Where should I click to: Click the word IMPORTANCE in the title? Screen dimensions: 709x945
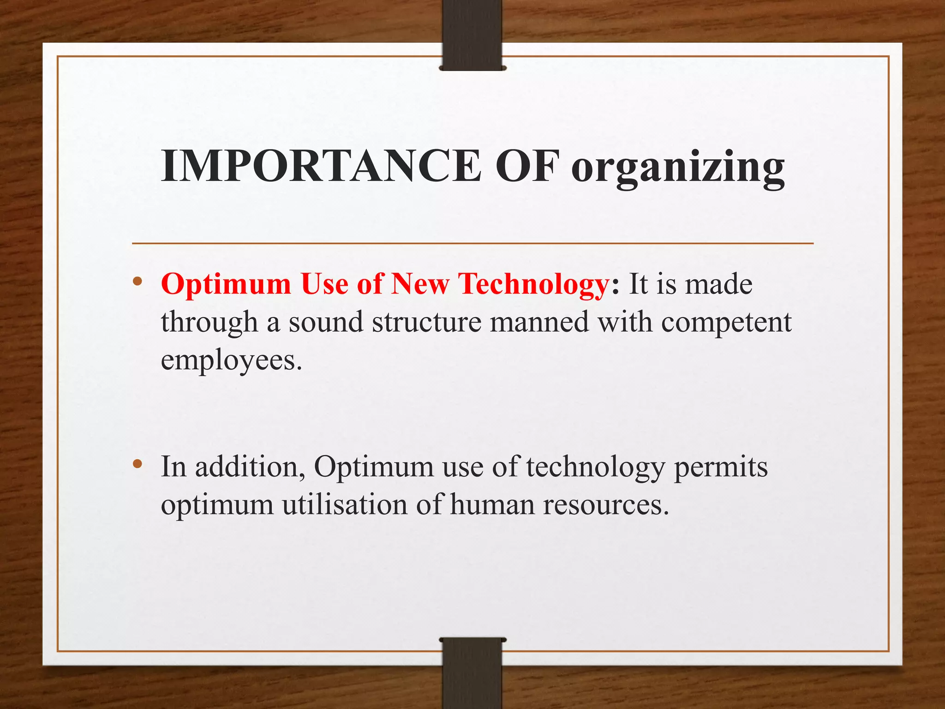(321, 166)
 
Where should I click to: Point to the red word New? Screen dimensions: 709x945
(419, 284)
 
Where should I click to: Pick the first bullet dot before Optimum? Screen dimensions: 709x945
(137, 281)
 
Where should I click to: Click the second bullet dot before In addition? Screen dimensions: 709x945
(137, 464)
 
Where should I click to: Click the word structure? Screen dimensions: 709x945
(427, 322)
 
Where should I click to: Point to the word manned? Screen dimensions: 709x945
(539, 322)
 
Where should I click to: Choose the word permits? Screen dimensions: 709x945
(721, 468)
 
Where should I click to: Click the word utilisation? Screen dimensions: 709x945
(345, 505)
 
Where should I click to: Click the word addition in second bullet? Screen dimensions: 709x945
(247, 467)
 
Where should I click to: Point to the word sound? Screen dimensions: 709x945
(326, 322)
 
